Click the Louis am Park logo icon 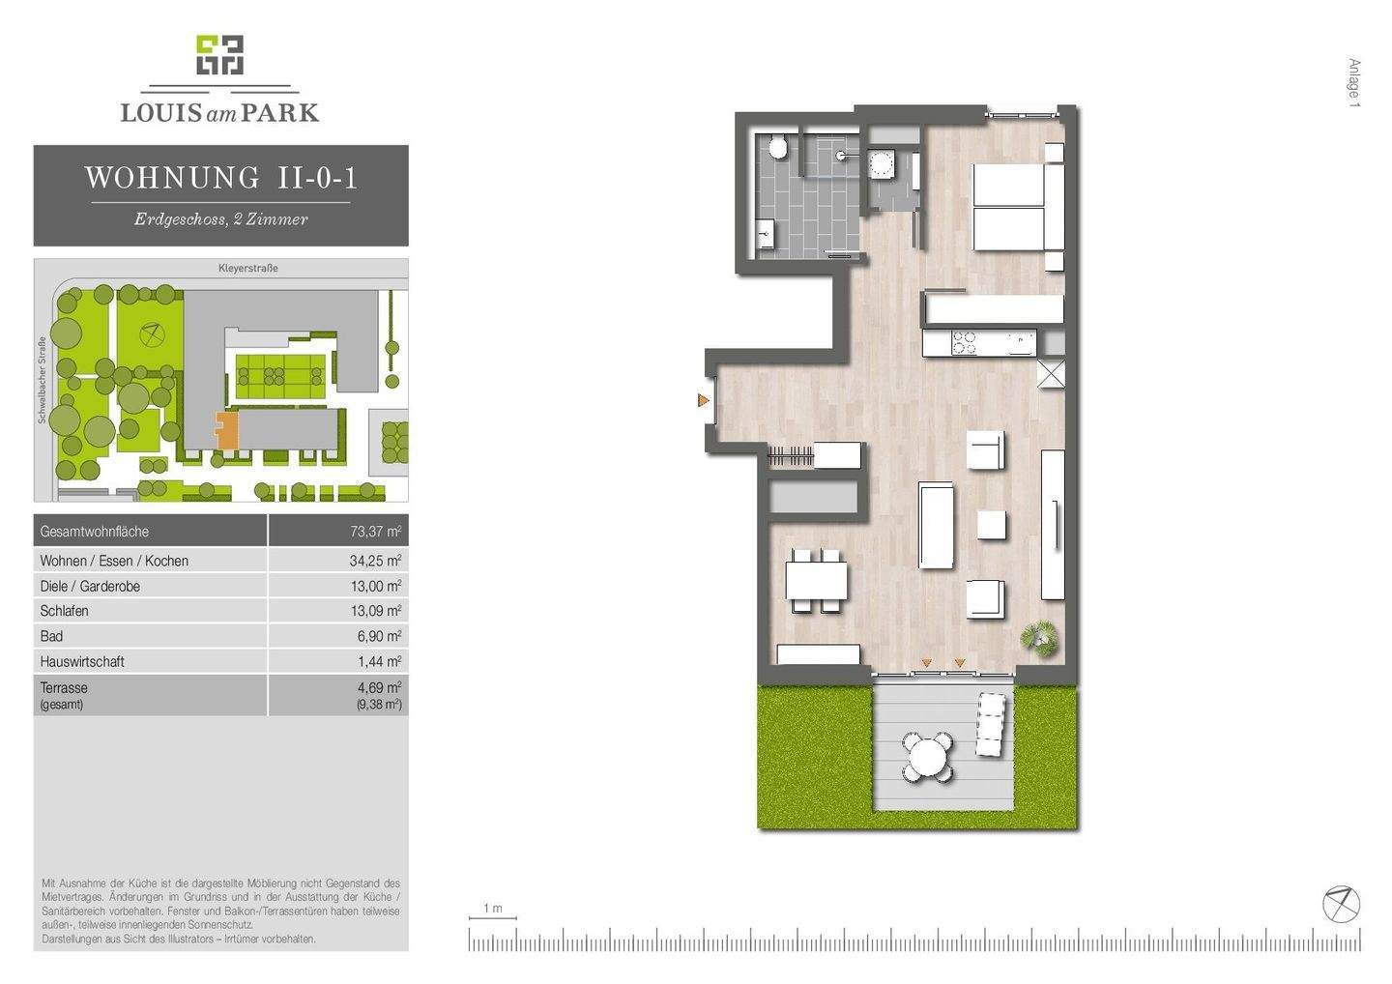tap(219, 56)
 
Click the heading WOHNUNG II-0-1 tap(220, 178)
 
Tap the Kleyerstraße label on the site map tap(247, 268)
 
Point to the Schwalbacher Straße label tap(43, 380)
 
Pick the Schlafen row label tap(65, 611)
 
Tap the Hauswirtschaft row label tap(82, 662)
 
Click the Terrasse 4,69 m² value tap(378, 687)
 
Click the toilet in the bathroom tap(777, 148)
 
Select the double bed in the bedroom tap(1009, 207)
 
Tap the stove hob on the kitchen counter tap(964, 342)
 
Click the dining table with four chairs tap(816, 581)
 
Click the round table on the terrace tap(928, 756)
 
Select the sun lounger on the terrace tap(992, 724)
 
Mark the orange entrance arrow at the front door tap(704, 399)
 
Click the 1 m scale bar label tap(493, 909)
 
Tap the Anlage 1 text tap(1354, 83)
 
